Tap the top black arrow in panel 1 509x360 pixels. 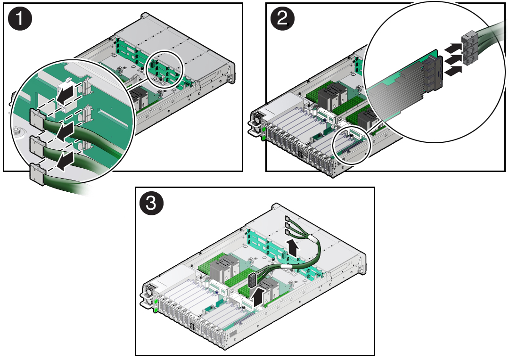(66, 92)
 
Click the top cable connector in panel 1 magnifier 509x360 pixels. (37, 117)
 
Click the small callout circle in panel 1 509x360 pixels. (164, 68)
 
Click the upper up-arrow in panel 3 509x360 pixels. (293, 247)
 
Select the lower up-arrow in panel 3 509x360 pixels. (258, 297)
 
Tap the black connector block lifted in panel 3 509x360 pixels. (253, 280)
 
